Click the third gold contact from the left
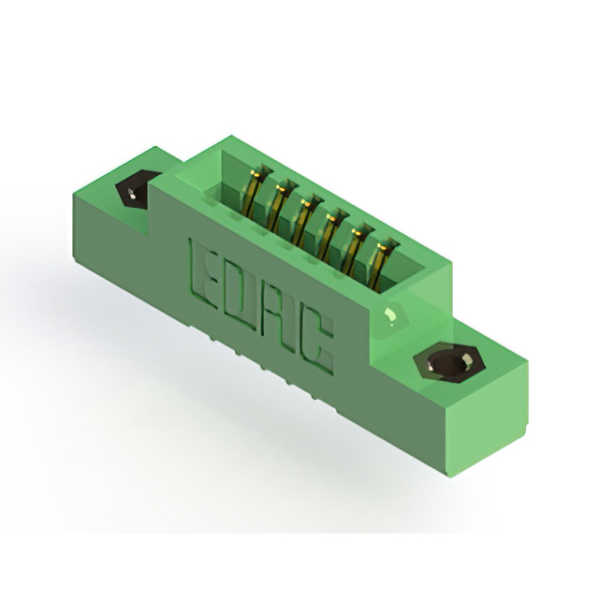(x=305, y=221)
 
